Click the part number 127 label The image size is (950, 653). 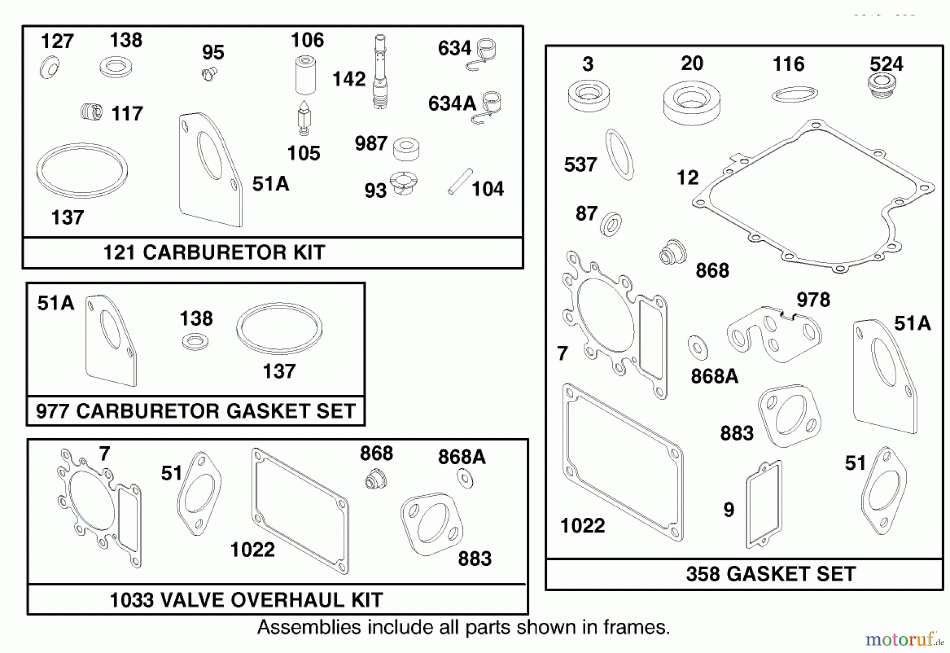click(x=57, y=41)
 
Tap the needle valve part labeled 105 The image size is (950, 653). click(x=305, y=119)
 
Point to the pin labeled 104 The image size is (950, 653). click(x=460, y=182)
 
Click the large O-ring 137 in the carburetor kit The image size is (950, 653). click(x=82, y=170)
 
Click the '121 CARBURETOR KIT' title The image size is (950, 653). click(x=214, y=252)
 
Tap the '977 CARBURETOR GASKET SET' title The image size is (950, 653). click(x=195, y=411)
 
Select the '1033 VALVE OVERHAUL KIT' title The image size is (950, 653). click(x=246, y=600)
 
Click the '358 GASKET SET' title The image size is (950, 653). click(x=771, y=574)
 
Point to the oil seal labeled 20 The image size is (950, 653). click(x=691, y=102)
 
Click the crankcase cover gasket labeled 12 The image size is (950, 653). click(x=813, y=195)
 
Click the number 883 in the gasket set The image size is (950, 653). click(x=737, y=433)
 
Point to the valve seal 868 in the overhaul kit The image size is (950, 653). click(x=375, y=478)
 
